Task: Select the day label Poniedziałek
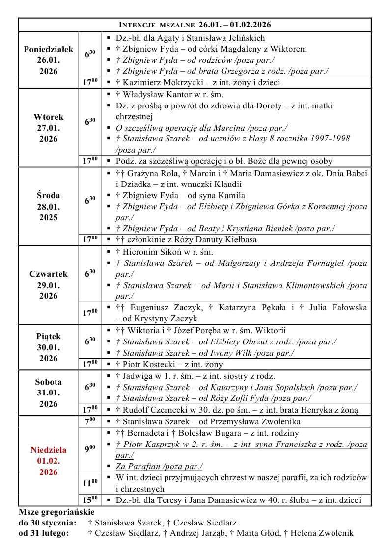click(48, 49)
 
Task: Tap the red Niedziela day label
click(48, 450)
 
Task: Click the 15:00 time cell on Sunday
click(89, 500)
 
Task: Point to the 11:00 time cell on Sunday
click(89, 483)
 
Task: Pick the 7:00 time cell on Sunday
click(89, 421)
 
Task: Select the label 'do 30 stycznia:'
click(48, 523)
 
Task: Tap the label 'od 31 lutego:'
click(44, 533)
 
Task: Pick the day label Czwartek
click(48, 274)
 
